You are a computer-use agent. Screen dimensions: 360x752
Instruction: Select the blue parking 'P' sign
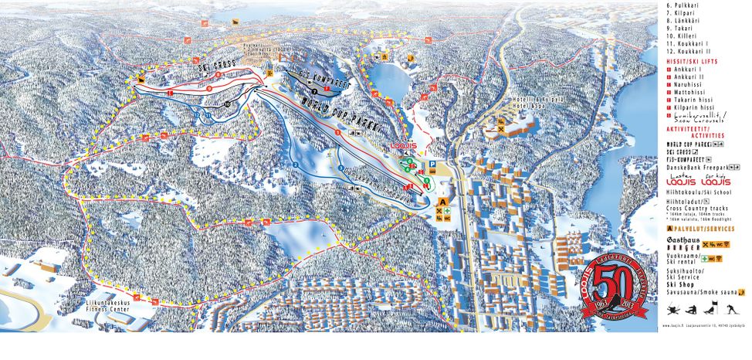(x=432, y=165)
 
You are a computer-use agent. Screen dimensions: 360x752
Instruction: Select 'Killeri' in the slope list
(x=683, y=36)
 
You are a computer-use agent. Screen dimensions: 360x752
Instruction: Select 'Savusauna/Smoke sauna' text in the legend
(x=699, y=292)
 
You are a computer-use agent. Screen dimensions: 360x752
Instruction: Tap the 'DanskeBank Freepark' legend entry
(x=696, y=166)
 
